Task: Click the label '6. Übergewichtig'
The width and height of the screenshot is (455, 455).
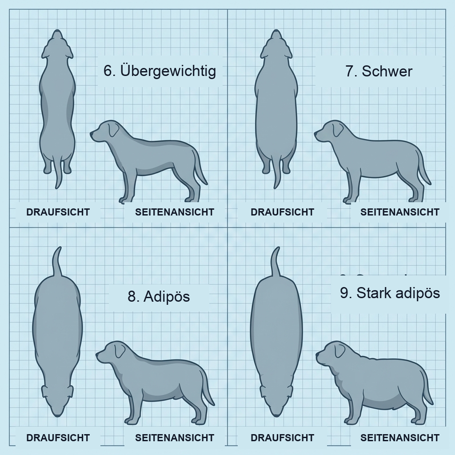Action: [160, 71]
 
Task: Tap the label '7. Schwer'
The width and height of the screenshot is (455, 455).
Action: [379, 71]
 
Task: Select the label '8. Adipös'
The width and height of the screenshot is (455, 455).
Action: [159, 296]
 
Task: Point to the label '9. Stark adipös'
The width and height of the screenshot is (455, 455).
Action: [390, 293]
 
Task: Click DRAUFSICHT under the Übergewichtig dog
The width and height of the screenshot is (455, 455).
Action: [58, 212]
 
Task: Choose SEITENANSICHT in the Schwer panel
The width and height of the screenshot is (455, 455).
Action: [399, 212]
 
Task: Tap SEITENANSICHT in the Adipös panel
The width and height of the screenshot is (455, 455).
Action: [175, 438]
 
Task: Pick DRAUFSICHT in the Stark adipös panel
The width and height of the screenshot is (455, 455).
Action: [282, 438]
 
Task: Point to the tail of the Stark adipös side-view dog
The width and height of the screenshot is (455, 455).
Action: [427, 391]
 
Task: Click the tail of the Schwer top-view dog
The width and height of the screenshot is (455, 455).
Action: [278, 176]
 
